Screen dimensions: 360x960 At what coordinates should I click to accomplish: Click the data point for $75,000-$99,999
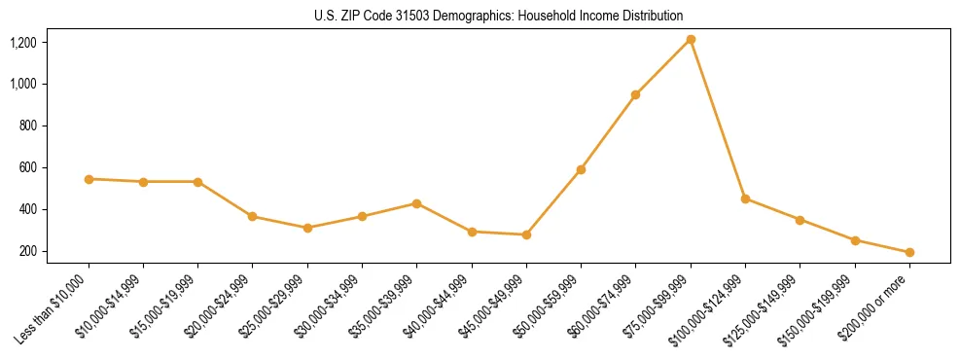pos(691,39)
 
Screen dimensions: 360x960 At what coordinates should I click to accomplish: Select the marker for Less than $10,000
pos(89,179)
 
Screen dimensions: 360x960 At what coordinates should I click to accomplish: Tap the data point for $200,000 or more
pos(909,252)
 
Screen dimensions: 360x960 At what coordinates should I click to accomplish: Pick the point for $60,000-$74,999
pos(635,94)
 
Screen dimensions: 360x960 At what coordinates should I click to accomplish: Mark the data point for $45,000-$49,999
pos(526,234)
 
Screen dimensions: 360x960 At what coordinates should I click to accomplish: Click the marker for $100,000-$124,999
pos(745,198)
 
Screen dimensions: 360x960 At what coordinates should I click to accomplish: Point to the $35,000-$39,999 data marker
pos(416,203)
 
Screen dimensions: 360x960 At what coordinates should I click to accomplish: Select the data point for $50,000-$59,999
pos(581,169)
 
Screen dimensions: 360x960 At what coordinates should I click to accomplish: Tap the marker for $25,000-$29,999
pos(307,228)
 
